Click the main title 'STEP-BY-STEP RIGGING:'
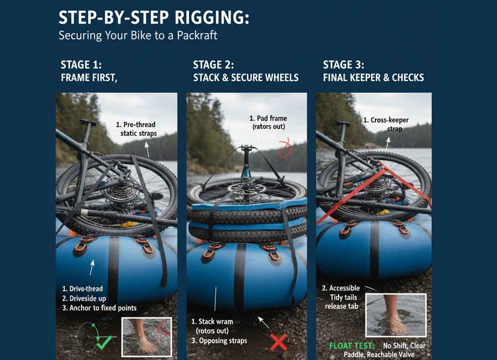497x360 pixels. (154, 18)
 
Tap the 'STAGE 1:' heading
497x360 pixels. (81, 65)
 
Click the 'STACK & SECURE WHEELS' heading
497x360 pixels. (246, 77)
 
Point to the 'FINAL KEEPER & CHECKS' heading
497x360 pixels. (373, 77)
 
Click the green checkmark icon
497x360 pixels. (104, 342)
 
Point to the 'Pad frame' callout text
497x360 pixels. (268, 123)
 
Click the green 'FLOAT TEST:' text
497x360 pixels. (353, 346)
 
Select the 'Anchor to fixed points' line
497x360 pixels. (99, 307)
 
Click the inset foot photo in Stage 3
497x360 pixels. (396, 315)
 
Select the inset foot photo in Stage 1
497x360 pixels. (147, 337)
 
